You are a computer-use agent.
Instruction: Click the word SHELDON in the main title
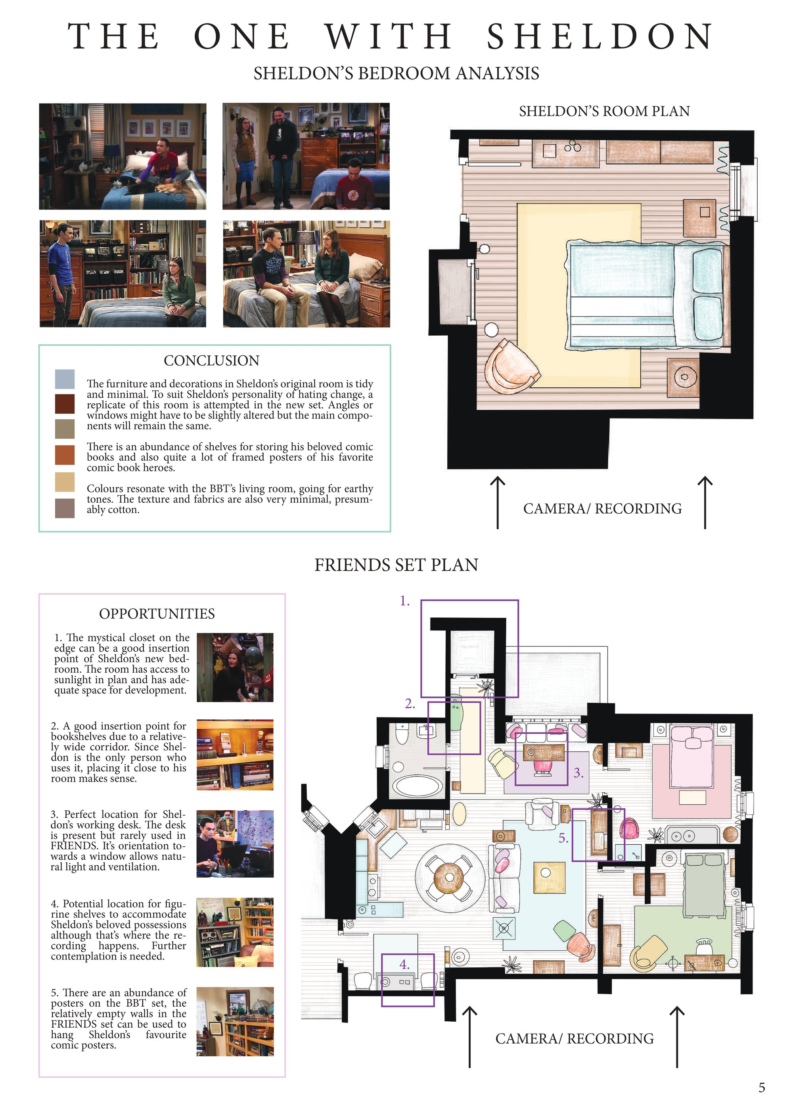600,36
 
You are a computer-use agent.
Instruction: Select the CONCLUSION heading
211,361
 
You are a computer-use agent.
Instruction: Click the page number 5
762,1088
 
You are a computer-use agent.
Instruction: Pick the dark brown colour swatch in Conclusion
65,404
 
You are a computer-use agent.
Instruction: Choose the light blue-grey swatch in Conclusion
65,379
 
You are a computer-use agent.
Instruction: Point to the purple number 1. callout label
405,601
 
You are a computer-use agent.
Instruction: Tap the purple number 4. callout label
404,965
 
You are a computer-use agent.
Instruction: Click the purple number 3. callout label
578,773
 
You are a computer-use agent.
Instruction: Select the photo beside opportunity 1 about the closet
235,667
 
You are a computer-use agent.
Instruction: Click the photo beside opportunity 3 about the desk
235,844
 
